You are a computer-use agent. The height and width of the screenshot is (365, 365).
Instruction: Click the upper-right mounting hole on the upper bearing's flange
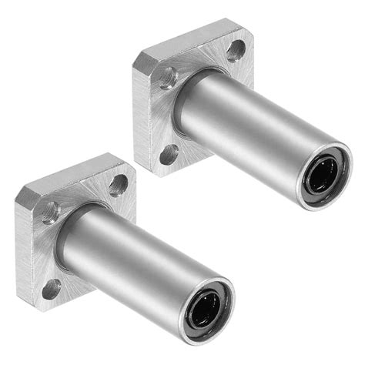click(x=236, y=51)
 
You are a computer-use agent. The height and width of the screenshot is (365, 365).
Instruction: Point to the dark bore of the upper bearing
click(x=319, y=177)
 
